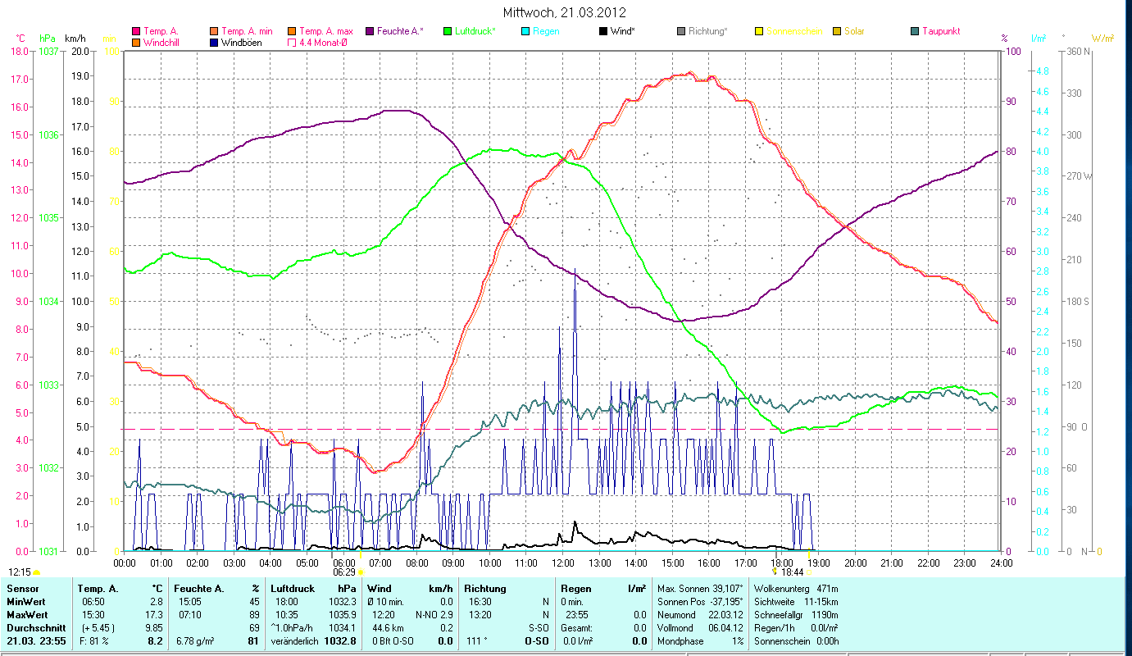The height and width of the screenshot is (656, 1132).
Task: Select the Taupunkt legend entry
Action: pos(941,31)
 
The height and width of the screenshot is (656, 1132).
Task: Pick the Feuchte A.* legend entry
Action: pos(400,31)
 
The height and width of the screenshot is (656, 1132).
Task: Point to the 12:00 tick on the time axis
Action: pos(563,563)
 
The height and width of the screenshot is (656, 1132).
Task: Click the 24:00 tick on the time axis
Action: pos(1001,563)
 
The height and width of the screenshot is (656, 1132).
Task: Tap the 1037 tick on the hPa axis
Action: pos(49,51)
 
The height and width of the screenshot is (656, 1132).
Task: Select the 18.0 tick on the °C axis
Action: pos(20,51)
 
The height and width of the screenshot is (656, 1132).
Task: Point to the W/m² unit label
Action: pos(1102,38)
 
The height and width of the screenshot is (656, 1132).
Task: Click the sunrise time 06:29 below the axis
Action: pos(344,572)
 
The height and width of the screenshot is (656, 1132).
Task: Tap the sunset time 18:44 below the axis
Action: pos(792,572)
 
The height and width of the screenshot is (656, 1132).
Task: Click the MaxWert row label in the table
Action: pos(27,613)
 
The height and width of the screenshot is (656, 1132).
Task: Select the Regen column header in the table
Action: pos(575,588)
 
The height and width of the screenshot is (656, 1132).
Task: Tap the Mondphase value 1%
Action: pos(740,640)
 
